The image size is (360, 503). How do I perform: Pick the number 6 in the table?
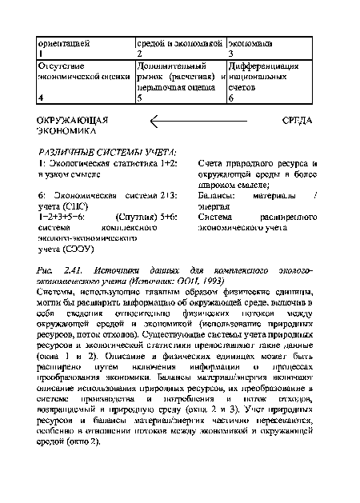tap(231, 98)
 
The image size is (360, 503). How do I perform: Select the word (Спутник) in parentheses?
tap(138, 215)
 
